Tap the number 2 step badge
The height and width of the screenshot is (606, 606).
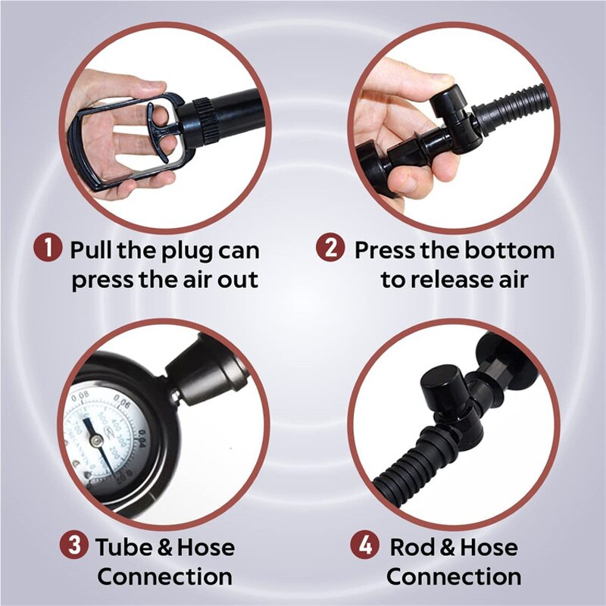coord(330,250)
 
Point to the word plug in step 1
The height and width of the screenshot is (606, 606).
coord(176,251)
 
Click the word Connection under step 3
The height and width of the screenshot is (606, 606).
coord(164,576)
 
